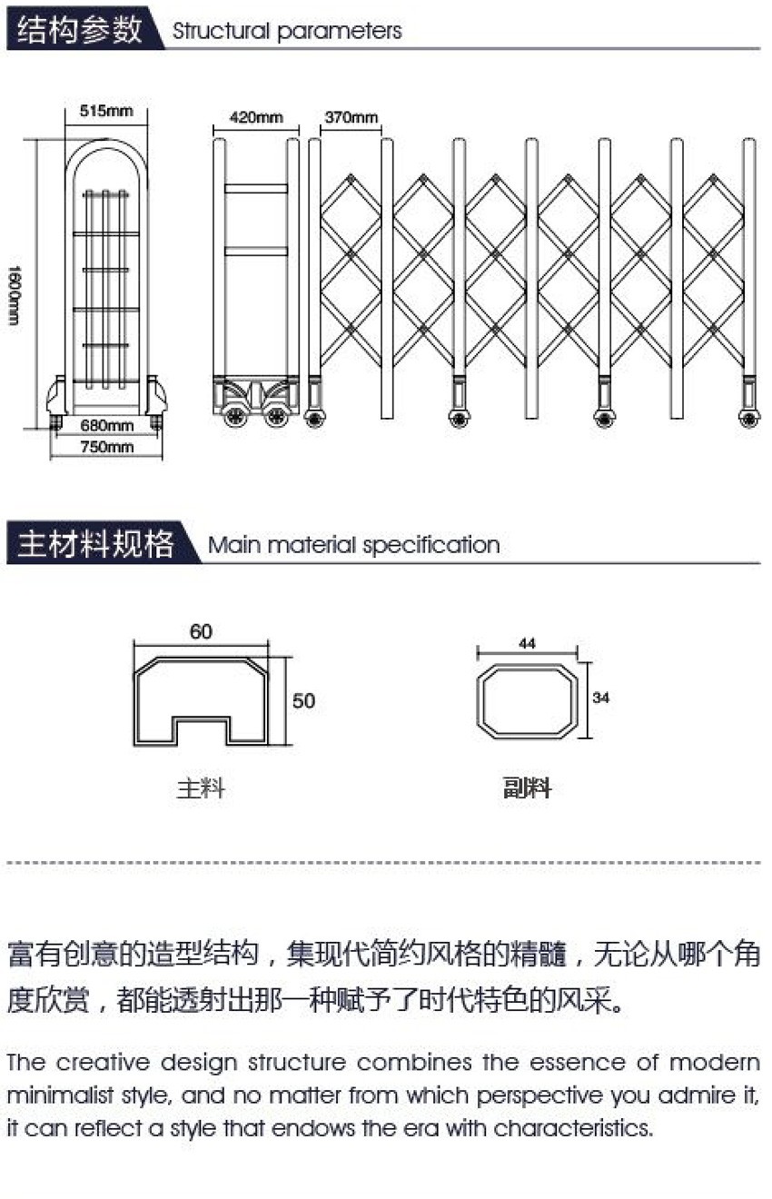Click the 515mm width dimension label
(x=106, y=111)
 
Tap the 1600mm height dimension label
(x=15, y=295)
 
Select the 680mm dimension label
(x=106, y=425)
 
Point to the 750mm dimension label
(x=106, y=446)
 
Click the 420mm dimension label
(x=256, y=117)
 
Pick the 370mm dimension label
(x=351, y=117)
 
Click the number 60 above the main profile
(x=201, y=631)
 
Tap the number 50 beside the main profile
(x=303, y=700)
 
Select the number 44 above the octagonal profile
(x=527, y=643)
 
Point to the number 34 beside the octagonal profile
(x=600, y=698)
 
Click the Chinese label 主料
(x=201, y=788)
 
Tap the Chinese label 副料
(x=527, y=788)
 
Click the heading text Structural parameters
(x=287, y=31)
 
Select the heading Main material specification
(x=354, y=545)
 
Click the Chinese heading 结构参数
(x=80, y=29)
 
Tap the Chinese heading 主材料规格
(x=96, y=543)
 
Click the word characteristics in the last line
(x=573, y=1128)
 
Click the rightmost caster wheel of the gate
(x=749, y=418)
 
